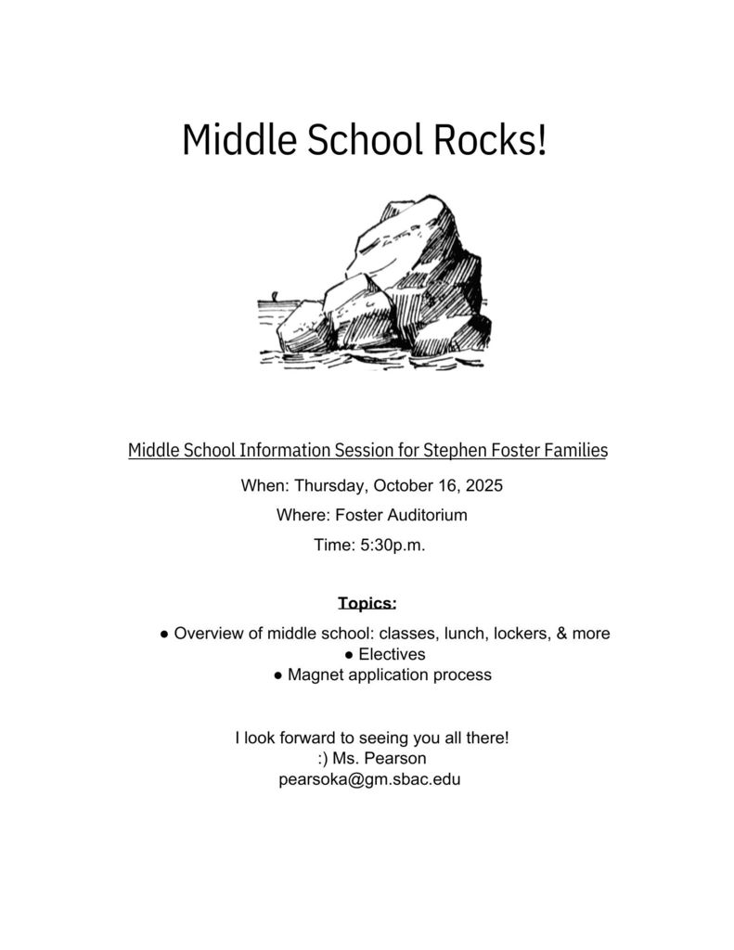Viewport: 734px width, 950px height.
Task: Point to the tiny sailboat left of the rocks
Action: point(274,299)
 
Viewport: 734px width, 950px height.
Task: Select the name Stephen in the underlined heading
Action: point(452,451)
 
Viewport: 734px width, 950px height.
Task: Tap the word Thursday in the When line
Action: point(333,485)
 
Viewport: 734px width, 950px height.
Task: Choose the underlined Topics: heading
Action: point(367,604)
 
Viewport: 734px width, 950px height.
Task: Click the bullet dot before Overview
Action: point(164,634)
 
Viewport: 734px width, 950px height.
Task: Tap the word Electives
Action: point(392,654)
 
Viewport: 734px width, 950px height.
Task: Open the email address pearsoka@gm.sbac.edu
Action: point(369,779)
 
